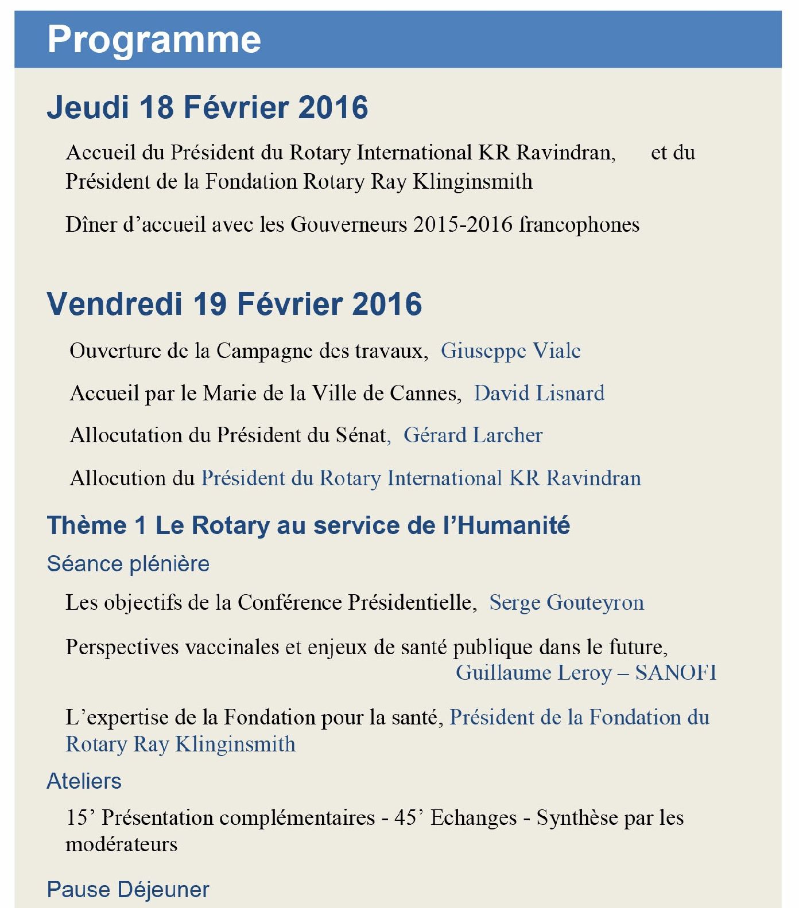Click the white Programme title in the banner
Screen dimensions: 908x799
(x=154, y=39)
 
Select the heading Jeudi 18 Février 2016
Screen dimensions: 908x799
(x=207, y=107)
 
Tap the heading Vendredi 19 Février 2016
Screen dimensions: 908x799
(x=234, y=303)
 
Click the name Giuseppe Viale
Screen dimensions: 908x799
(x=510, y=350)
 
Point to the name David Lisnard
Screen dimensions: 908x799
(x=539, y=393)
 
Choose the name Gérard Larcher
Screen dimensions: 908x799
(x=473, y=435)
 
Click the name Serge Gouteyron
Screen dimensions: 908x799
(x=567, y=602)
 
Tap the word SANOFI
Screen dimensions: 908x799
(x=676, y=672)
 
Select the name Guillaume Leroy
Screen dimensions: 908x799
(x=534, y=672)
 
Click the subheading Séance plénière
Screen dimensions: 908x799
(x=128, y=564)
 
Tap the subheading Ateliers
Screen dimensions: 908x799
(x=84, y=781)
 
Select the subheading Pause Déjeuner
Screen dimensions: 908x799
(x=128, y=889)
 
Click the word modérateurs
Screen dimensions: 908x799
(x=122, y=844)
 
